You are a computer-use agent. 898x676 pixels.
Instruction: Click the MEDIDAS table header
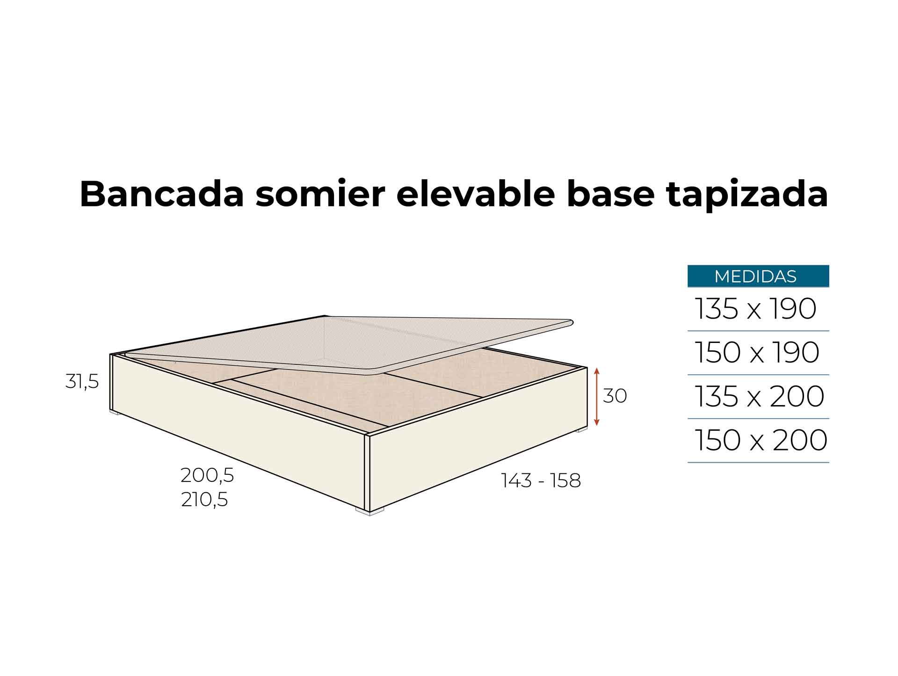pos(758,276)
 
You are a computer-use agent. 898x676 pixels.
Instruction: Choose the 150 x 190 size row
pos(757,352)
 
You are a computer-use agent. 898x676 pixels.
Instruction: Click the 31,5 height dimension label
pos(82,382)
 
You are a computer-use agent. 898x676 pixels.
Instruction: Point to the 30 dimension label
pos(615,396)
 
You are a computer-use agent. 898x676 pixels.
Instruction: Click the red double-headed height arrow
pos(596,397)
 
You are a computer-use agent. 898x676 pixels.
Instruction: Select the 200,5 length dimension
pos(207,476)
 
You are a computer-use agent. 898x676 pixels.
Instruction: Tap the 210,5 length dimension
pos(204,500)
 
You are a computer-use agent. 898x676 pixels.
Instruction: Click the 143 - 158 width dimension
pos(541,480)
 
